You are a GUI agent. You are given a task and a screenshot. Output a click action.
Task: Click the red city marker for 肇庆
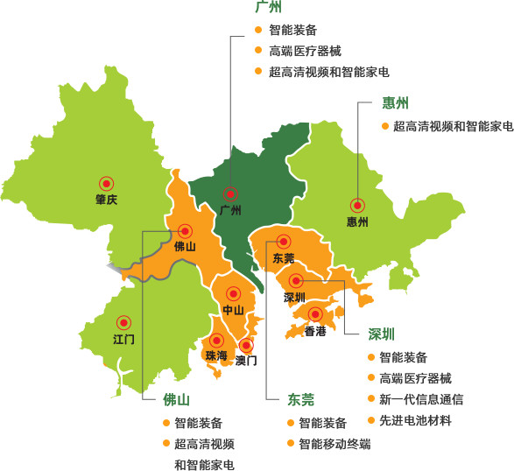pos(107,183)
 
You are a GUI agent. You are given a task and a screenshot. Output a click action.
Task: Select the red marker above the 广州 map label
pos(231,193)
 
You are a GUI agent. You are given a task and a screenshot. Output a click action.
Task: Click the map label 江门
pos(123,339)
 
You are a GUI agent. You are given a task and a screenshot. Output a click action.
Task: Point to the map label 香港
pos(315,331)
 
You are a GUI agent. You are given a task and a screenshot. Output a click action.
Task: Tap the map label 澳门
pos(246,360)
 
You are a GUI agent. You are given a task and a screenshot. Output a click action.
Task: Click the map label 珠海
pos(215,355)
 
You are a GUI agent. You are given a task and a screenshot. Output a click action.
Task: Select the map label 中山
pos(233,310)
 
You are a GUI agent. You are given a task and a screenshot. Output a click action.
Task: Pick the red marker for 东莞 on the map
pos(283,242)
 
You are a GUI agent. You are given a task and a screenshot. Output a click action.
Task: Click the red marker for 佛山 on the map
pos(185,231)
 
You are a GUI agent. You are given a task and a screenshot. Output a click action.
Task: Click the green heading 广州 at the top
pos(268,8)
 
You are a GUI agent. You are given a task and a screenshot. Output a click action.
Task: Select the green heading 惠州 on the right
pos(396,104)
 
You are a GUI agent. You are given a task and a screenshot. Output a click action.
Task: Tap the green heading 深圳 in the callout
pos(381,334)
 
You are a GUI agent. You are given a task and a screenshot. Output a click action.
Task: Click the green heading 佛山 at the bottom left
pos(176,400)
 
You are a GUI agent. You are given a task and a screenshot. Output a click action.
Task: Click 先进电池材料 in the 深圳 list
pos(414,420)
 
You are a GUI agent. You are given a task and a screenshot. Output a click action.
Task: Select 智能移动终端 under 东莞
pos(334,444)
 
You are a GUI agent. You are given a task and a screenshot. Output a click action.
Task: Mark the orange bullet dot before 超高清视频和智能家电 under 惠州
pos(384,126)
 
